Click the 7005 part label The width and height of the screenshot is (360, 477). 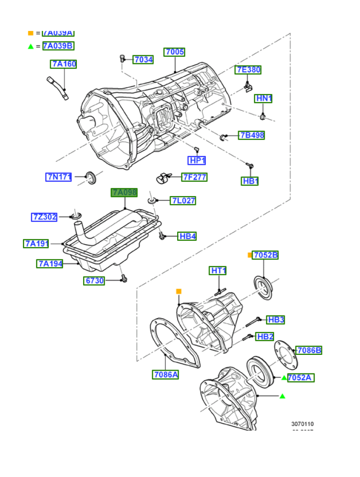click(x=174, y=52)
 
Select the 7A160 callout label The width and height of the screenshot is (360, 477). click(x=64, y=64)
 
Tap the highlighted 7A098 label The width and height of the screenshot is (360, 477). click(x=124, y=193)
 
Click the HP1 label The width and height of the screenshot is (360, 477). click(x=197, y=160)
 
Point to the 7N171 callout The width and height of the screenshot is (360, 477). click(x=59, y=177)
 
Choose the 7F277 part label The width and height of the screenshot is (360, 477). click(x=194, y=177)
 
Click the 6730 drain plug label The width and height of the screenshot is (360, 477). click(x=95, y=280)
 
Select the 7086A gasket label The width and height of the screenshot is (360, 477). click(x=166, y=374)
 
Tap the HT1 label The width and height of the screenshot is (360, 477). click(x=218, y=271)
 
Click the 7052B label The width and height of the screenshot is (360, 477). click(x=265, y=255)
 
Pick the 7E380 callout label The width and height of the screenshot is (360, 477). click(x=248, y=70)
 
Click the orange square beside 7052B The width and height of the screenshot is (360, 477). click(x=250, y=255)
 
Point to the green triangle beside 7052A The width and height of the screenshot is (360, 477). click(x=284, y=378)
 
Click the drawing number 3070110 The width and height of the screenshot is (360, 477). click(x=303, y=424)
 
